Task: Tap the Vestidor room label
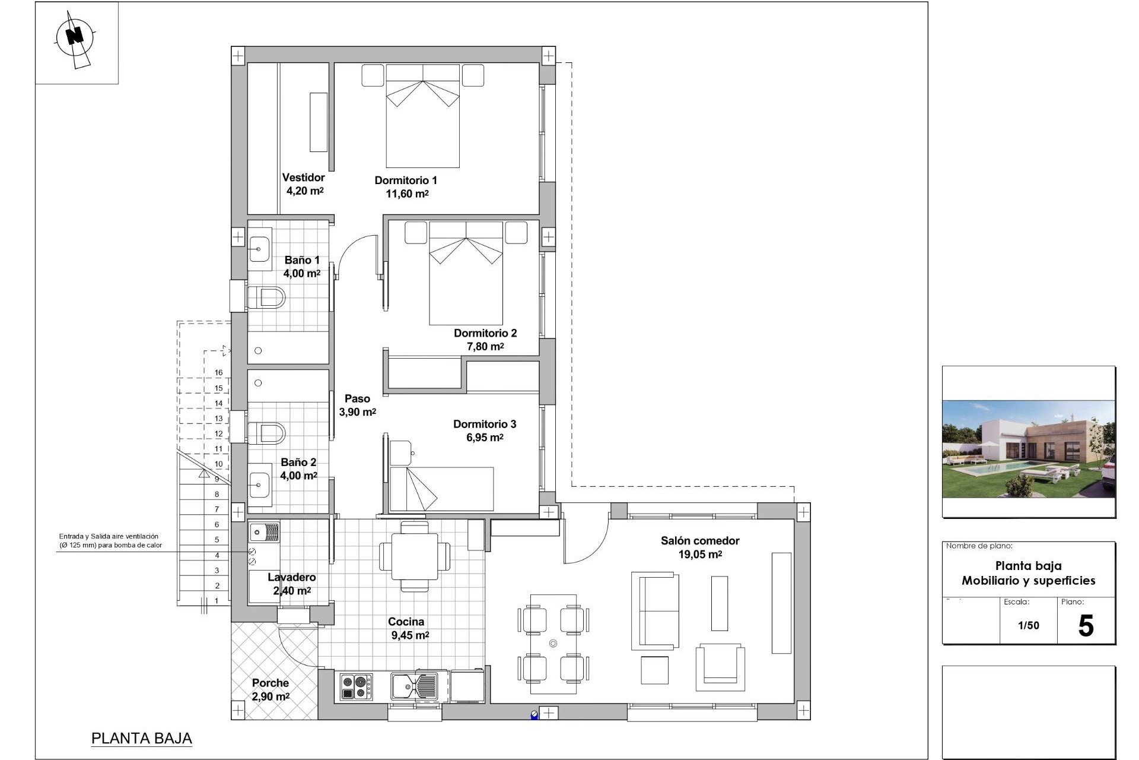pos(303,178)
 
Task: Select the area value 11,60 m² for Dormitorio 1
pos(407,194)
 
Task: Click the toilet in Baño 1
pos(268,297)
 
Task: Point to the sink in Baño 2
pos(260,486)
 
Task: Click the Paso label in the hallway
pos(357,399)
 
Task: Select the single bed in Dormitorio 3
pos(442,489)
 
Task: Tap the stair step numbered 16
pos(218,373)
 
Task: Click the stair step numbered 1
pos(217,601)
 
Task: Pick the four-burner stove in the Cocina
pos(356,687)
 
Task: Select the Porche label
pos(270,683)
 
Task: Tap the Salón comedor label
pos(700,541)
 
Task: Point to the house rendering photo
pos(1028,449)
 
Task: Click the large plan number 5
pos(1086,626)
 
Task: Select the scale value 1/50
pos(1028,625)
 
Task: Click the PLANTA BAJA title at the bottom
pos(142,739)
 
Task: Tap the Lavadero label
pos(291,577)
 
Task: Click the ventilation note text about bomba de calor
pos(110,541)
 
